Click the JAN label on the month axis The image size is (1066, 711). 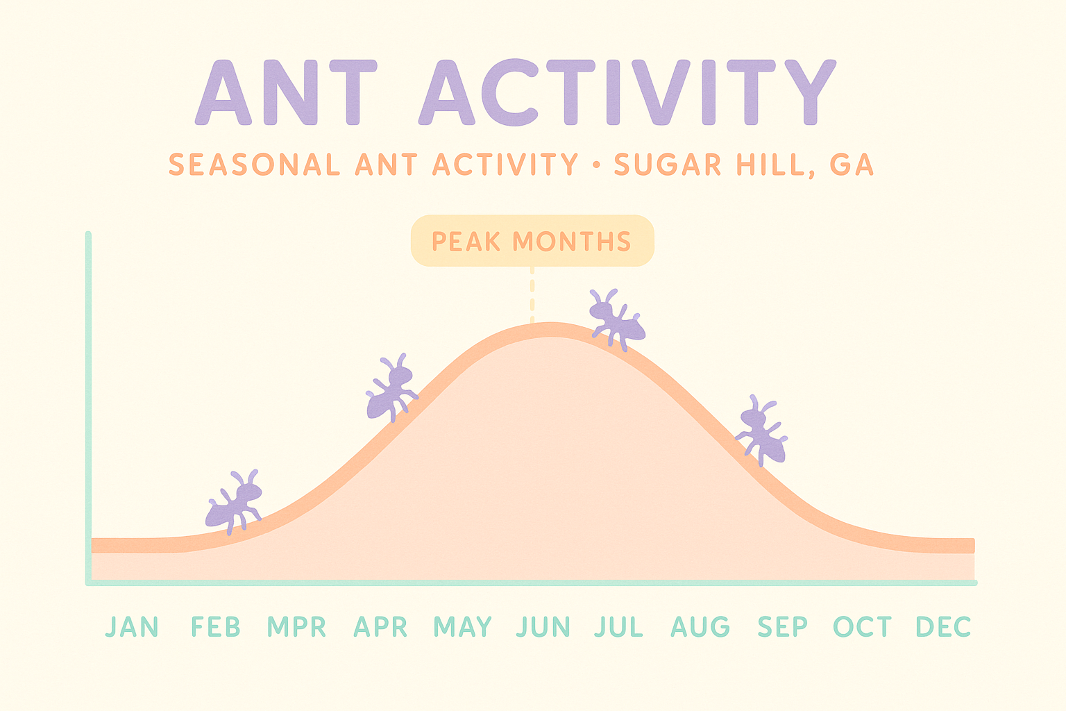click(x=132, y=627)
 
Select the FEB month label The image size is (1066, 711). click(x=216, y=627)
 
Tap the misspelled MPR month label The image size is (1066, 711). click(x=297, y=627)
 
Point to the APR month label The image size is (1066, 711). click(x=380, y=627)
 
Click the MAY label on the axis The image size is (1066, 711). click(x=463, y=627)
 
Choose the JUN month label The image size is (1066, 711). click(x=544, y=627)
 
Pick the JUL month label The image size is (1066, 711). click(x=619, y=627)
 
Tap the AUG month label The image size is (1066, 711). click(x=700, y=627)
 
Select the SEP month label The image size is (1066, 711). click(x=783, y=627)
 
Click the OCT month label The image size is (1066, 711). click(x=863, y=627)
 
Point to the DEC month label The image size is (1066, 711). click(x=943, y=627)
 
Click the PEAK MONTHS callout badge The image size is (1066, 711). click(x=532, y=241)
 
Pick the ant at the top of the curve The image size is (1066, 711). click(x=616, y=319)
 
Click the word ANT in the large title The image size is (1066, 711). click(x=286, y=93)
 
